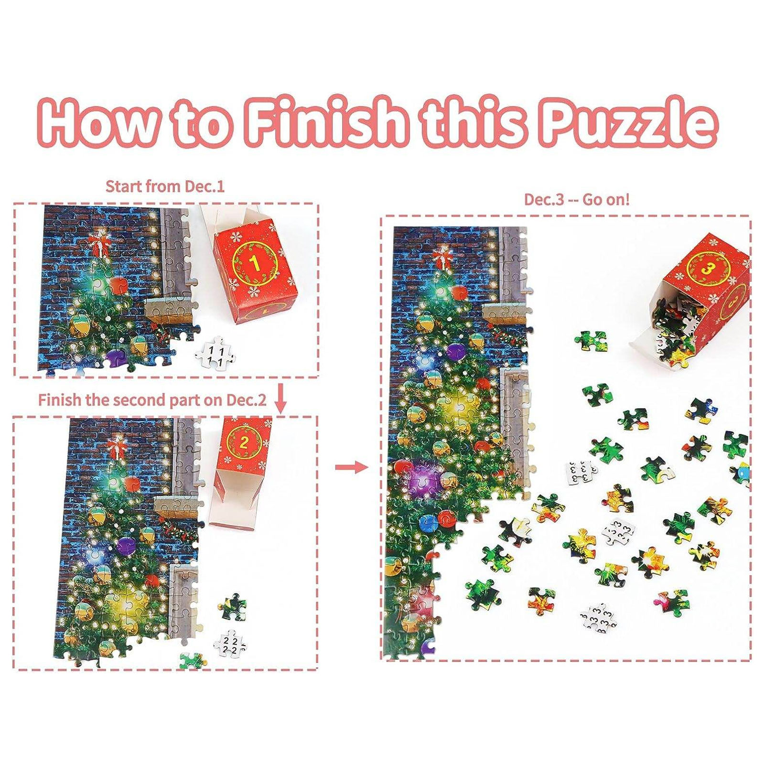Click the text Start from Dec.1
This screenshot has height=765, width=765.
point(165,186)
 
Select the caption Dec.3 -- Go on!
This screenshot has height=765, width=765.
point(577,199)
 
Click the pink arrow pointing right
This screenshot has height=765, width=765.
point(351,466)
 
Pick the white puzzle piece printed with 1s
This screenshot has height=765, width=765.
point(215,353)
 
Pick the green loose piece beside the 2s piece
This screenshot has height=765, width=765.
point(233,606)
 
